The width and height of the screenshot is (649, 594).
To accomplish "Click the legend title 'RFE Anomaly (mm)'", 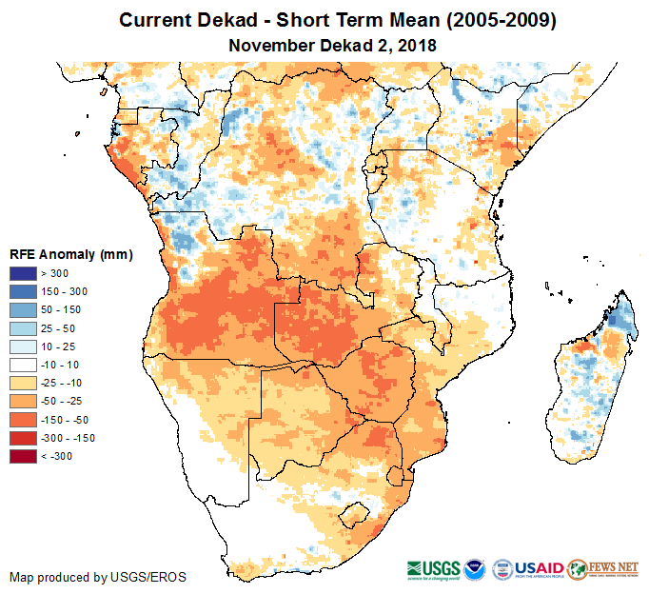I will pos(70,255).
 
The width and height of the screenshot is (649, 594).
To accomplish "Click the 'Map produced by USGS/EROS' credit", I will pos(98,578).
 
